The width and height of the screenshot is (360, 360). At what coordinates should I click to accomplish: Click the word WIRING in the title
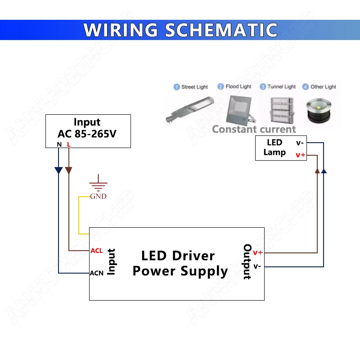pos(121,30)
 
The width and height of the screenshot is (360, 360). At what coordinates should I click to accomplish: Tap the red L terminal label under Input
pos(68,144)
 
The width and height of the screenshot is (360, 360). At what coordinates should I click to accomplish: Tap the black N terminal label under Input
pos(59,144)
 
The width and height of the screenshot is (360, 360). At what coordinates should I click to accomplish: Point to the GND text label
pos(98,196)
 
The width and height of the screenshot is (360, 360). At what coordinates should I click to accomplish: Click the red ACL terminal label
pos(97,251)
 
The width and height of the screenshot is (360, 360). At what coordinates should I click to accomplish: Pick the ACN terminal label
pos(97,273)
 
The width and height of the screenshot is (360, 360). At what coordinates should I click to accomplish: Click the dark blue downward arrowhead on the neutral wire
pos(58,171)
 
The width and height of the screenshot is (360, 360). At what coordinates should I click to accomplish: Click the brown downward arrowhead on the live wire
pos(68,171)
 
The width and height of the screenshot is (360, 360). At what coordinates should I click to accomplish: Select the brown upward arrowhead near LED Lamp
pos(318,170)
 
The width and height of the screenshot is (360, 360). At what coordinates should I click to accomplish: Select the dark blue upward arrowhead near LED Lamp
pos(324,170)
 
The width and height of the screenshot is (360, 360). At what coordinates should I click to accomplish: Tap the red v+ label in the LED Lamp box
pos(300,155)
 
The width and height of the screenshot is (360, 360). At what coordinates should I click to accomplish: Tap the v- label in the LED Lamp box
pos(300,143)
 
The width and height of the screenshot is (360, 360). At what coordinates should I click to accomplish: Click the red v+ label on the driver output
pos(257,252)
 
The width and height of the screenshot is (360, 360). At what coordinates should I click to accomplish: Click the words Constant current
pos(254,130)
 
